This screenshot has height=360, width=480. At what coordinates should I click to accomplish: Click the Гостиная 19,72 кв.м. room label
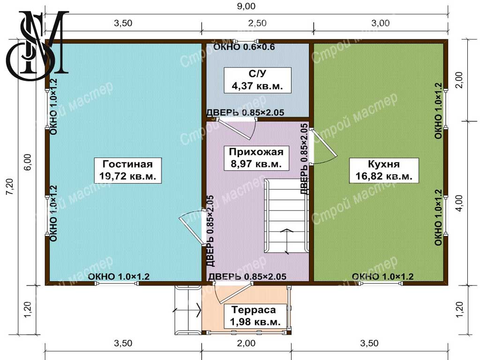pos(127,170)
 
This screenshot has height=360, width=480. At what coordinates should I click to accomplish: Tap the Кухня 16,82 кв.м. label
pos(384,170)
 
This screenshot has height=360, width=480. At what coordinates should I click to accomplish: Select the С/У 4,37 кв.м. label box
pos(257,80)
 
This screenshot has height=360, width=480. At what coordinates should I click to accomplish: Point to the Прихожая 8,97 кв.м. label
pos(256,158)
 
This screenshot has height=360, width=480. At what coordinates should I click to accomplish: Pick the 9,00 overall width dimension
pos(246,6)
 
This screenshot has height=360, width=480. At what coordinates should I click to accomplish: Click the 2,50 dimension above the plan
pos(257,23)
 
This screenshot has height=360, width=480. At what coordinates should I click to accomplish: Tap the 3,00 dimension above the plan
pos(381,23)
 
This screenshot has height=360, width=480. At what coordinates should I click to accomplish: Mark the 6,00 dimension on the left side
pos(27,162)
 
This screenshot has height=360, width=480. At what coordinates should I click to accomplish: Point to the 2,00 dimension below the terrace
pos(246,343)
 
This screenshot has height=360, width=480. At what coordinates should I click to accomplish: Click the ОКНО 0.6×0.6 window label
pos(244,47)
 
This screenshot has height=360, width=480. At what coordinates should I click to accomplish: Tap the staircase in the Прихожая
pos(286,216)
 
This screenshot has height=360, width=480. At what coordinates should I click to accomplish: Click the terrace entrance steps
pos(188,310)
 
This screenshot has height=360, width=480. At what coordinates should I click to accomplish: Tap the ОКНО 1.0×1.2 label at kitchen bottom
pos(382,277)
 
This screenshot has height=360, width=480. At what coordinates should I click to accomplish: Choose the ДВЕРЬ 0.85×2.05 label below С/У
pos(245,112)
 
